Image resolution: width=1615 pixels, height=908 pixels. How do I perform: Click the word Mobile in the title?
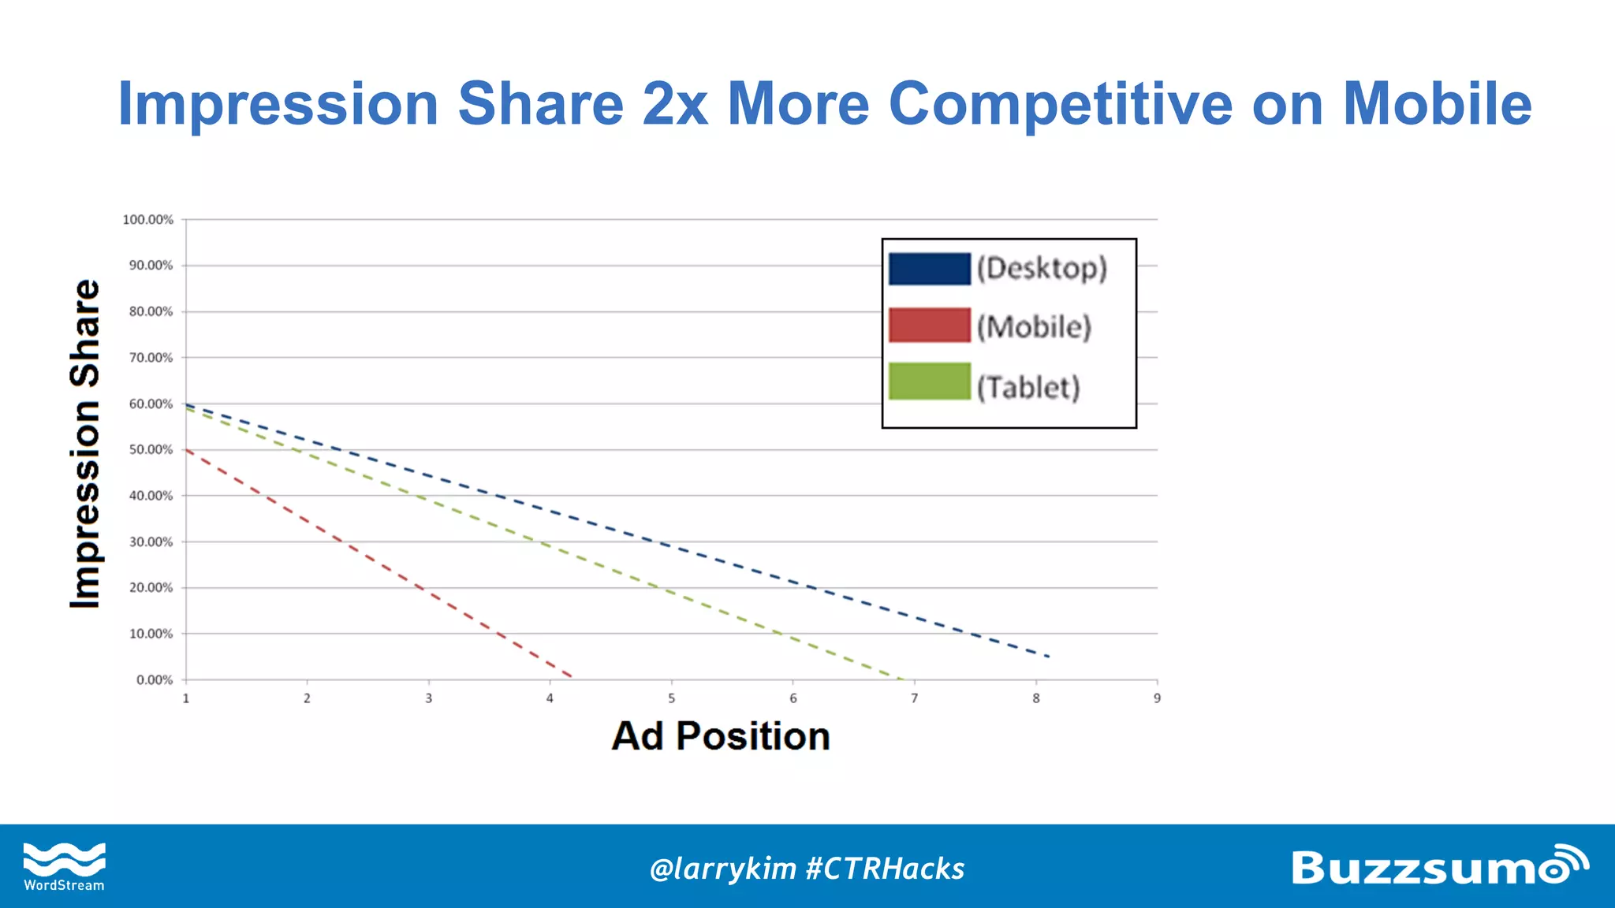(1437, 104)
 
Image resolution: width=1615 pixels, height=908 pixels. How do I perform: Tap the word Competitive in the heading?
(1060, 104)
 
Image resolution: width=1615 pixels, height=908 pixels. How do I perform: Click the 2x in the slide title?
(675, 104)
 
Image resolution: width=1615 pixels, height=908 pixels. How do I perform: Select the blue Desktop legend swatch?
(929, 269)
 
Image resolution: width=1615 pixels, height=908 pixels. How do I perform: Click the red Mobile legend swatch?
(929, 326)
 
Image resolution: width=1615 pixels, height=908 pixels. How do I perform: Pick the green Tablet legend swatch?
(929, 381)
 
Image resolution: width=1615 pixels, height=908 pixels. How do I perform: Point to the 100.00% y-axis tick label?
(147, 220)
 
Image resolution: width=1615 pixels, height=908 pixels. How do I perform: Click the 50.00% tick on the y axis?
(151, 450)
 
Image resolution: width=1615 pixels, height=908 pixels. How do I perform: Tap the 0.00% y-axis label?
(154, 680)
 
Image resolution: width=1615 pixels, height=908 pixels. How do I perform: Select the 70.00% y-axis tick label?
(151, 358)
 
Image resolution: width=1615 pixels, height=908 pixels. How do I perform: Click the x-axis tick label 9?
(1157, 698)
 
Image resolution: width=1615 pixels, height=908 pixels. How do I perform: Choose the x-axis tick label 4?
(550, 698)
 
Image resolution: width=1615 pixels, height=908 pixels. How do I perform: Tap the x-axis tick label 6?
(793, 698)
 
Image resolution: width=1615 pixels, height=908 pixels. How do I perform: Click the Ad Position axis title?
(721, 736)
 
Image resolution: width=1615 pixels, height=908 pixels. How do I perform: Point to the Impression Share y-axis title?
(85, 444)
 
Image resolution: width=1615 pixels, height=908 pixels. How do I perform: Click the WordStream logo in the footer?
(64, 866)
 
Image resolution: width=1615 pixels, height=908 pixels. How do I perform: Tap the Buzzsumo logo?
(1438, 866)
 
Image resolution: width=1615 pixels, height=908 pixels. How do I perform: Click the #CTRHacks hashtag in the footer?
(885, 869)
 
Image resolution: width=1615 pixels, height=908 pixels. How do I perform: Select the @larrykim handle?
(722, 869)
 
